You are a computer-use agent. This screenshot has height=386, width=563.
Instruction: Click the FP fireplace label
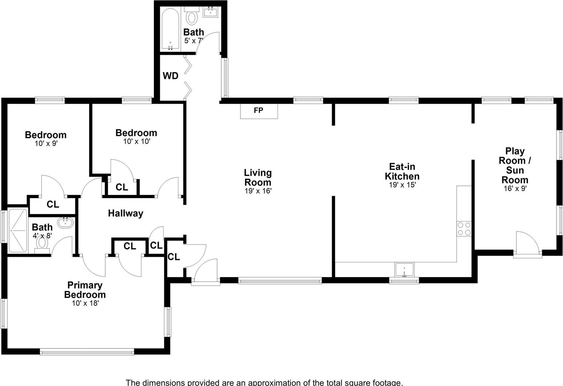tap(258, 110)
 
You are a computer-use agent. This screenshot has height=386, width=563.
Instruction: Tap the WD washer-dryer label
tap(170, 76)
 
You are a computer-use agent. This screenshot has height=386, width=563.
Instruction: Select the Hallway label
tap(125, 213)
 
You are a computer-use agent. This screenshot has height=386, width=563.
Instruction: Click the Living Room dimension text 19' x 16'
tap(258, 191)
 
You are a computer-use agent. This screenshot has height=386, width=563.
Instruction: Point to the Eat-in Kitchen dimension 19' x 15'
tap(402, 185)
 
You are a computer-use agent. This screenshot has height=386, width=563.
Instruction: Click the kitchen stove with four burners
tap(464, 229)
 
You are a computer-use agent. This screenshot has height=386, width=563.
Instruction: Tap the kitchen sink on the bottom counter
tap(404, 270)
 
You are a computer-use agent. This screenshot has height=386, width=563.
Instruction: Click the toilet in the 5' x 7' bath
tap(191, 16)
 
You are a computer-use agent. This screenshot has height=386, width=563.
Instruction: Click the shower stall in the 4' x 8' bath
tap(18, 230)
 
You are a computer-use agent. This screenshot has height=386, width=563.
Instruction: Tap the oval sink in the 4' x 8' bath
tap(65, 223)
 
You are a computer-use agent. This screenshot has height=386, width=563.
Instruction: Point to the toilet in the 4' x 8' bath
tap(42, 244)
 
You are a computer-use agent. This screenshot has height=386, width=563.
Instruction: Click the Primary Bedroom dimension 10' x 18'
tap(85, 303)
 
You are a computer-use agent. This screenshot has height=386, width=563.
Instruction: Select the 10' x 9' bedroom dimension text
tap(46, 144)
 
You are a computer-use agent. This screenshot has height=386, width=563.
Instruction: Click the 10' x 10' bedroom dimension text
tap(137, 141)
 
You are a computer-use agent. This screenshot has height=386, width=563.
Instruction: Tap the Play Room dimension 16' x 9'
tap(515, 189)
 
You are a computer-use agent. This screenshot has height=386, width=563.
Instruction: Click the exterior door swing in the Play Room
tap(527, 243)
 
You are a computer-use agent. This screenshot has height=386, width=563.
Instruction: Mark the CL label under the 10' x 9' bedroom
tap(53, 204)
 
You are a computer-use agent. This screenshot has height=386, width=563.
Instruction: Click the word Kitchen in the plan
tap(402, 176)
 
